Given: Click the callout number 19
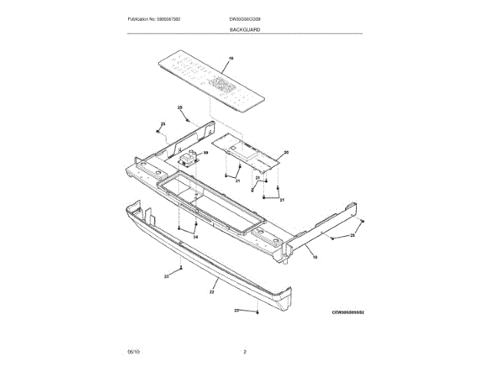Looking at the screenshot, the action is click(x=230, y=59).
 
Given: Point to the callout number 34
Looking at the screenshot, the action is click(x=195, y=238).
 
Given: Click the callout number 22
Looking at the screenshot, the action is click(x=212, y=292).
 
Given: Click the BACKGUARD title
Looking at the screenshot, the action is click(x=245, y=29).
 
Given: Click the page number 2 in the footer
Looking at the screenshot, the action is click(x=245, y=351).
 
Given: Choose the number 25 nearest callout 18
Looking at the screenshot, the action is click(x=352, y=236).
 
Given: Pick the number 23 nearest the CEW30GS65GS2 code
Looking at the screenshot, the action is click(x=237, y=310).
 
